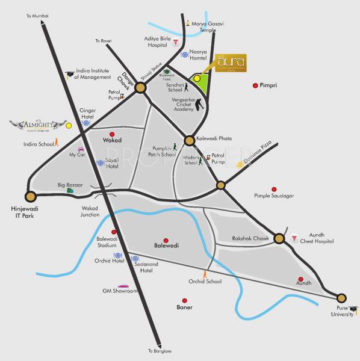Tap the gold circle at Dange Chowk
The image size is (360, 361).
point(140,88)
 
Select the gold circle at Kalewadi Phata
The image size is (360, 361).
point(189,140)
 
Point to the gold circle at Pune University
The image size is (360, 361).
point(341,297)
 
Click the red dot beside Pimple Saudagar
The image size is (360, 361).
point(275,189)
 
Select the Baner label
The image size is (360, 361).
point(184,307)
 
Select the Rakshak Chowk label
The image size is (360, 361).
point(250,239)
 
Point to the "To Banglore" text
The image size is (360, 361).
point(160,351)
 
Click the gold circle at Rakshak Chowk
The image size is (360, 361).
point(279,238)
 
